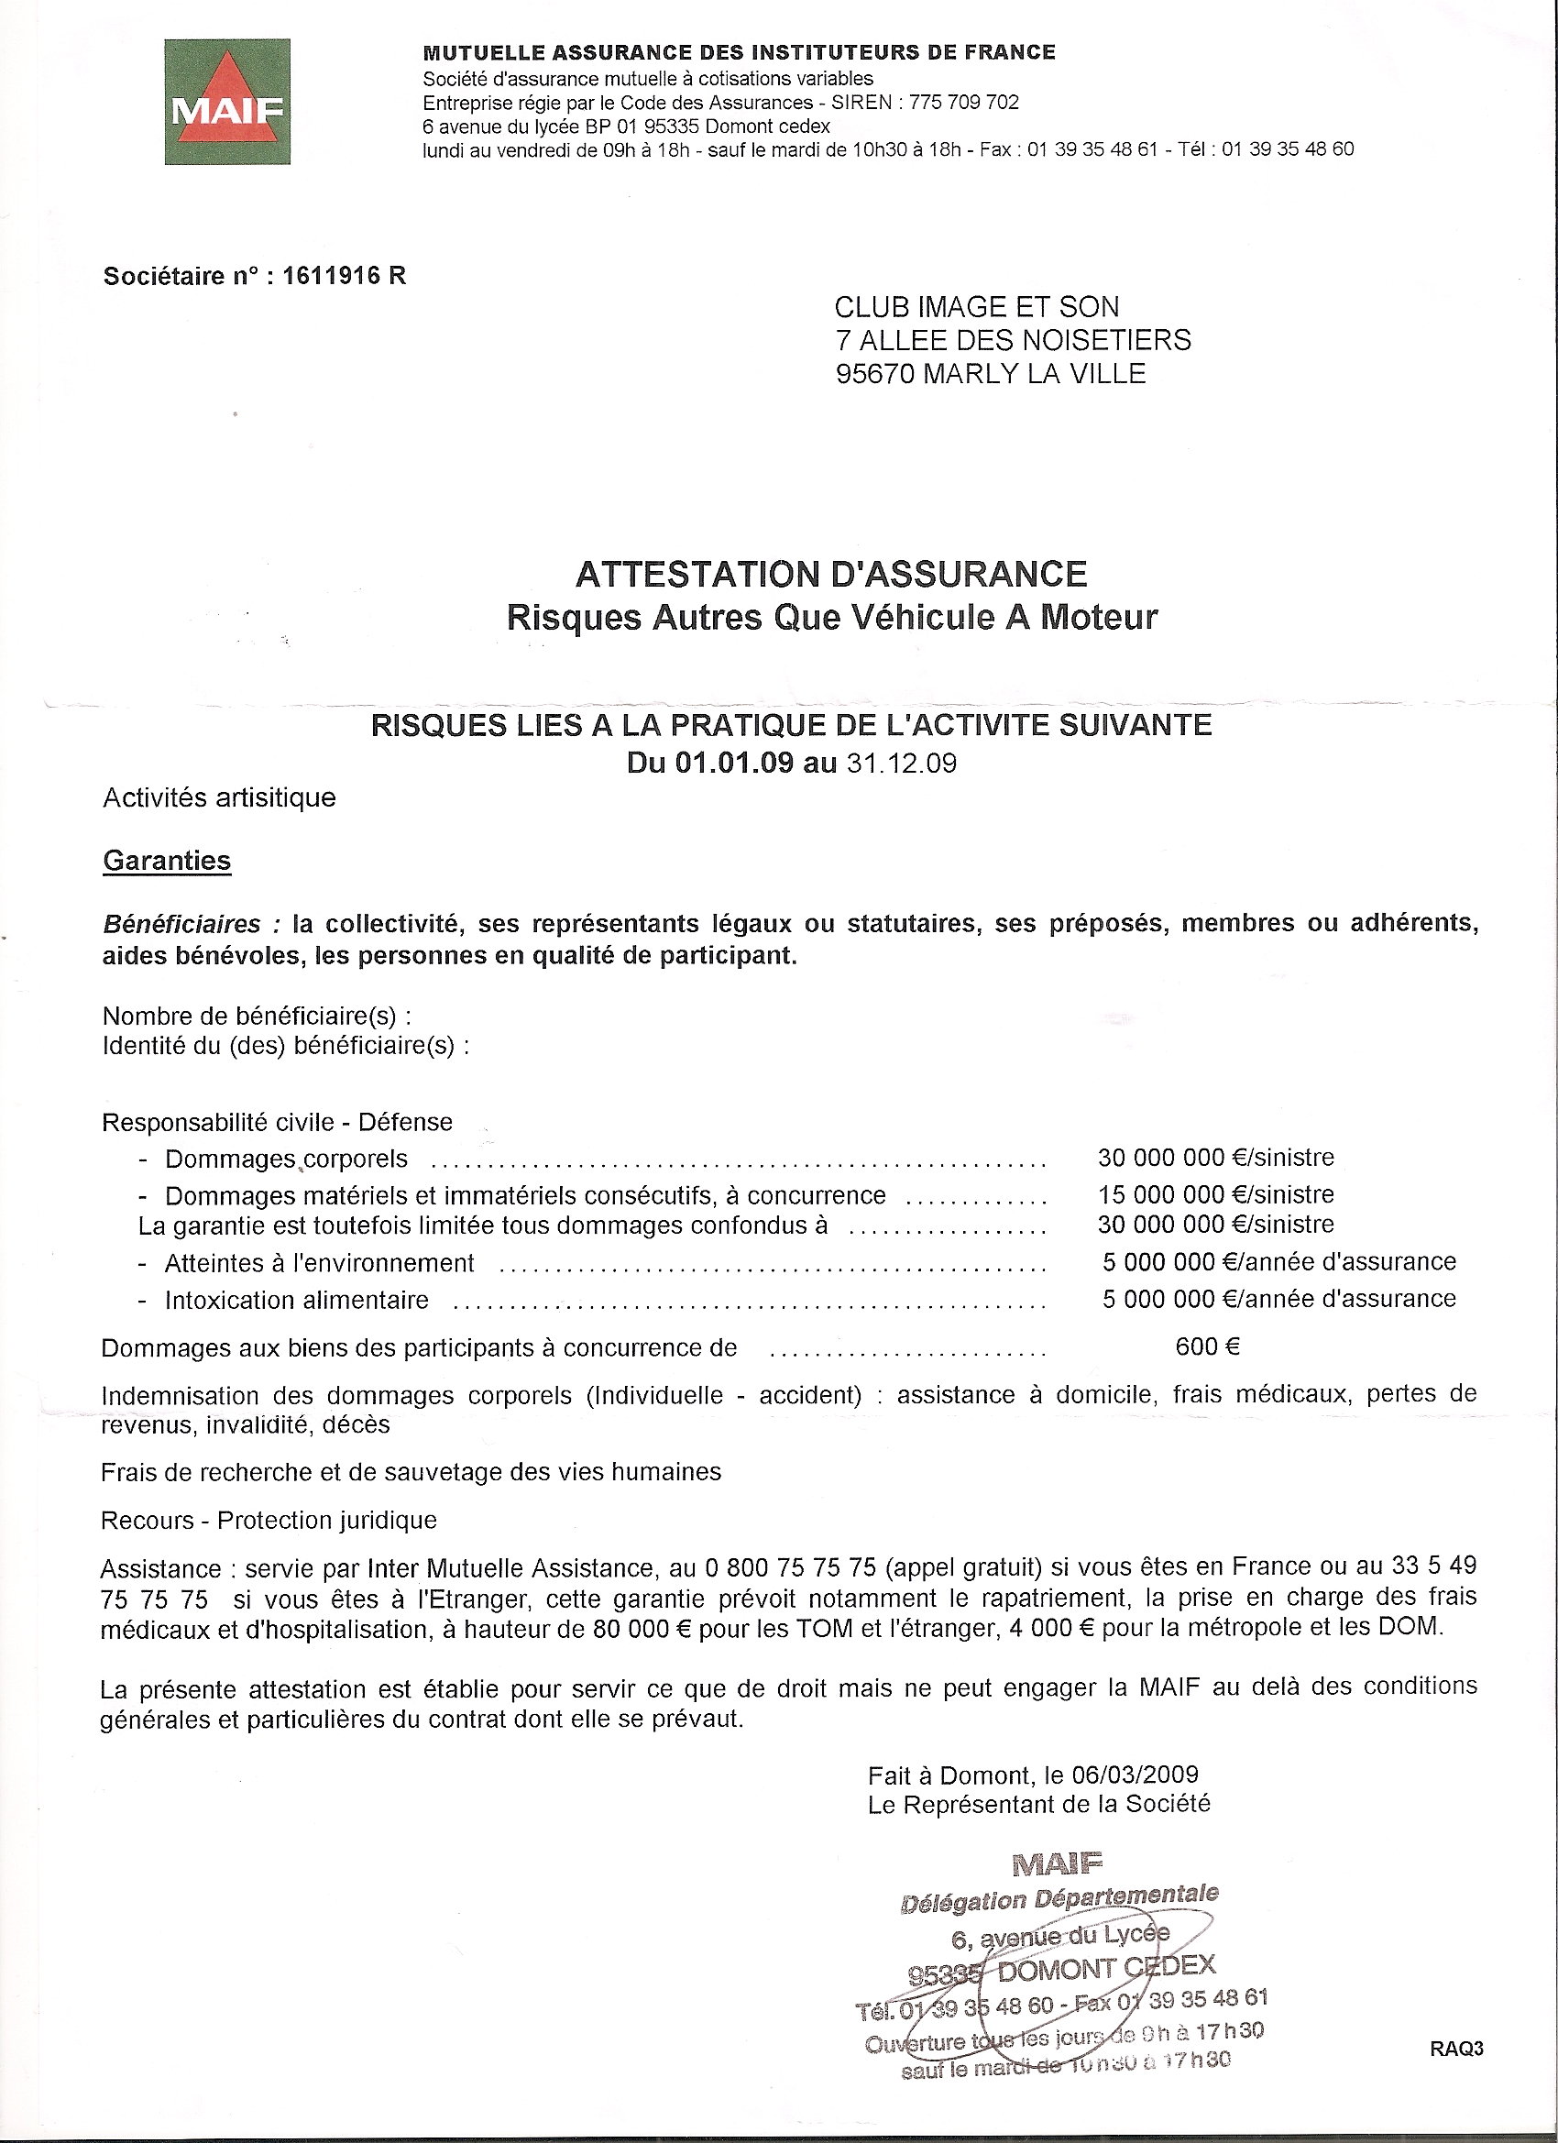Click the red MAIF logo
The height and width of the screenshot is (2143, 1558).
pyautogui.click(x=226, y=102)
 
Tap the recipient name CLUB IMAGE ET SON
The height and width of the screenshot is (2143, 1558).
pyautogui.click(x=976, y=307)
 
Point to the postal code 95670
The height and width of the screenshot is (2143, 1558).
pyautogui.click(x=875, y=374)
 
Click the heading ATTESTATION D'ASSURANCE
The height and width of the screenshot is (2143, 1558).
pyautogui.click(x=831, y=574)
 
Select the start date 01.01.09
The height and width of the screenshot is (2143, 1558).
pyautogui.click(x=734, y=764)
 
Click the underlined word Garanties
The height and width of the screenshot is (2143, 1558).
pyautogui.click(x=167, y=861)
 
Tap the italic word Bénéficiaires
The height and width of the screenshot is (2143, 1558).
pyautogui.click(x=181, y=923)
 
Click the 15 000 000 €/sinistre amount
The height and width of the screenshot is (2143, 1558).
pyautogui.click(x=1215, y=1194)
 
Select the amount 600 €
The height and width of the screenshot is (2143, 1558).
pyautogui.click(x=1206, y=1346)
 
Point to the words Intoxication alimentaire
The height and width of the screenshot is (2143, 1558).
pyautogui.click(x=297, y=1300)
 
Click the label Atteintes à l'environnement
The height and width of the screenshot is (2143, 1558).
pyautogui.click(x=319, y=1263)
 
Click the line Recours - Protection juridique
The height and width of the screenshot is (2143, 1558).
pyautogui.click(x=269, y=1520)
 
